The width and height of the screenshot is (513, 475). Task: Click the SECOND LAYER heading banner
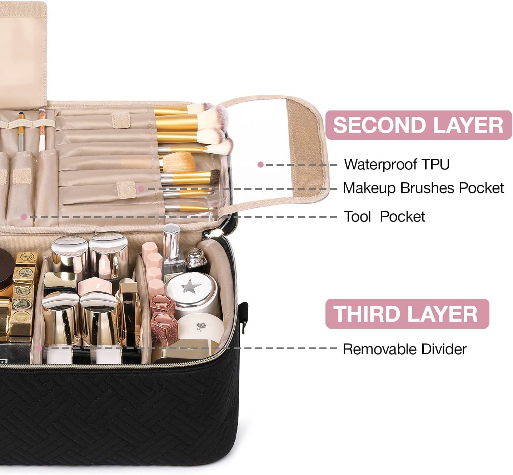[x=418, y=125]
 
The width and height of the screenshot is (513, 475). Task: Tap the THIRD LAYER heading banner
[x=407, y=314]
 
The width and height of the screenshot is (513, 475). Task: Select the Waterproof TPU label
[x=397, y=164]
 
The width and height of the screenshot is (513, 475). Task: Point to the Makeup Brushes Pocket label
[x=423, y=188]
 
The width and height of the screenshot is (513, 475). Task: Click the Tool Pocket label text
[x=384, y=217]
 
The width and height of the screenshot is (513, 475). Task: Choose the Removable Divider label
[x=404, y=349]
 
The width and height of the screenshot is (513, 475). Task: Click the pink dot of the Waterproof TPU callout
[x=260, y=165]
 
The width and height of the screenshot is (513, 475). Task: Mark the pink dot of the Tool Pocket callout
[x=24, y=217]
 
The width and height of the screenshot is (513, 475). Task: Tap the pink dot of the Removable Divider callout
[x=39, y=348]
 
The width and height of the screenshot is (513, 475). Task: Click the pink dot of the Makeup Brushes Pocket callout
[x=141, y=188]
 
